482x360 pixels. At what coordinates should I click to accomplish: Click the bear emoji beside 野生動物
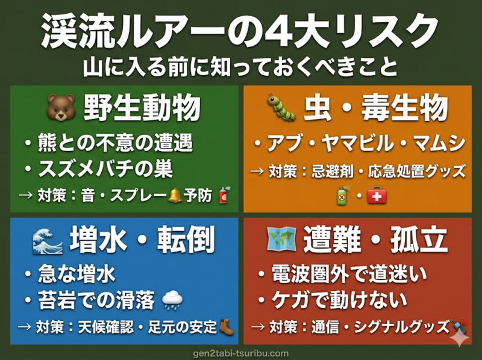click(60, 109)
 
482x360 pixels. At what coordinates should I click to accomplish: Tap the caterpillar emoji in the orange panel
click(281, 108)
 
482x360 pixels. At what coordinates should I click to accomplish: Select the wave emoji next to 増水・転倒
click(48, 241)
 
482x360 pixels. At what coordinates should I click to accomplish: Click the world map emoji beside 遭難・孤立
click(281, 240)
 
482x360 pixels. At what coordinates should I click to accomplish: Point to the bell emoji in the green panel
click(175, 194)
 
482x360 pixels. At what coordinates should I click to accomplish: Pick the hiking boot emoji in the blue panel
click(227, 326)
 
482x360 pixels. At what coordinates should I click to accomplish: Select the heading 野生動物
click(142, 109)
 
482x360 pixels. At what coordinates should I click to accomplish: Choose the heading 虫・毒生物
click(377, 109)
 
